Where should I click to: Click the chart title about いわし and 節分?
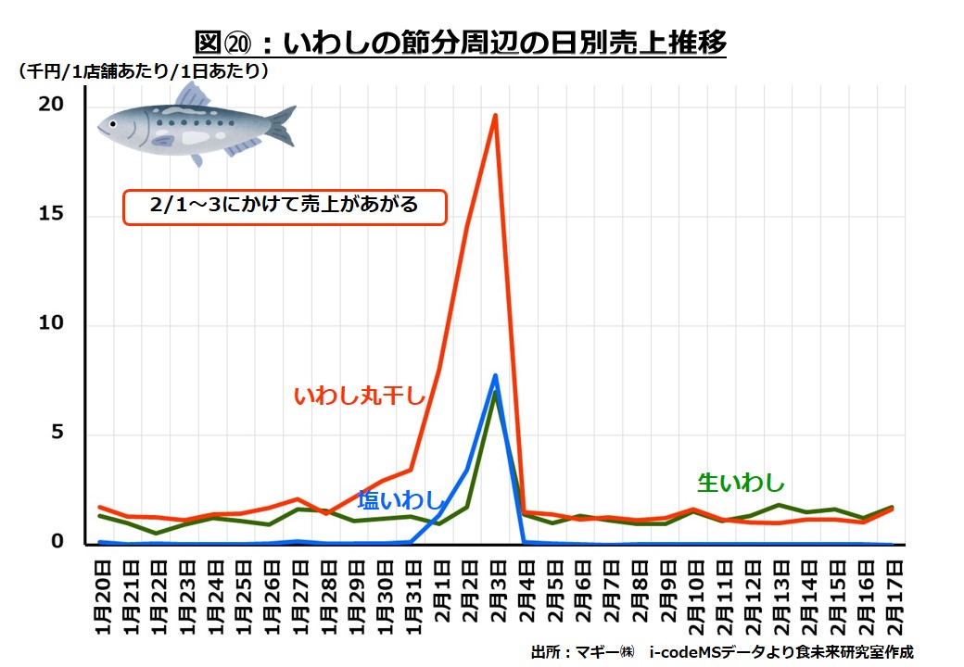(x=460, y=43)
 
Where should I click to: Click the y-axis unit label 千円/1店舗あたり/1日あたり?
(x=144, y=70)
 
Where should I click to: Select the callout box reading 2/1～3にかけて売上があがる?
(x=285, y=207)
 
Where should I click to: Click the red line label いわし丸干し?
(x=359, y=396)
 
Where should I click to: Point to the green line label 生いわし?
(x=741, y=483)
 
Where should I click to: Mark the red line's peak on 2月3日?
(x=496, y=116)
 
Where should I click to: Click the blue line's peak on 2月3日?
(x=496, y=376)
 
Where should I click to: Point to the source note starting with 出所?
(x=721, y=651)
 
